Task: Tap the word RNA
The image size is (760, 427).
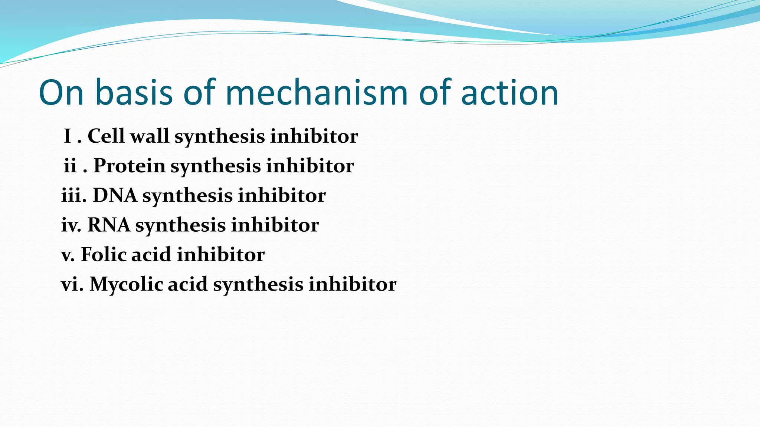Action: [x=109, y=225]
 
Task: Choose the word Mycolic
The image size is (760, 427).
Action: [x=126, y=284]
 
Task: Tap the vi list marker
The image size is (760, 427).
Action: [x=72, y=284]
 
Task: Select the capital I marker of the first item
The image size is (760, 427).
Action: [x=68, y=136]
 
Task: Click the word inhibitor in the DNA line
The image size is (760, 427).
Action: [x=282, y=195]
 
